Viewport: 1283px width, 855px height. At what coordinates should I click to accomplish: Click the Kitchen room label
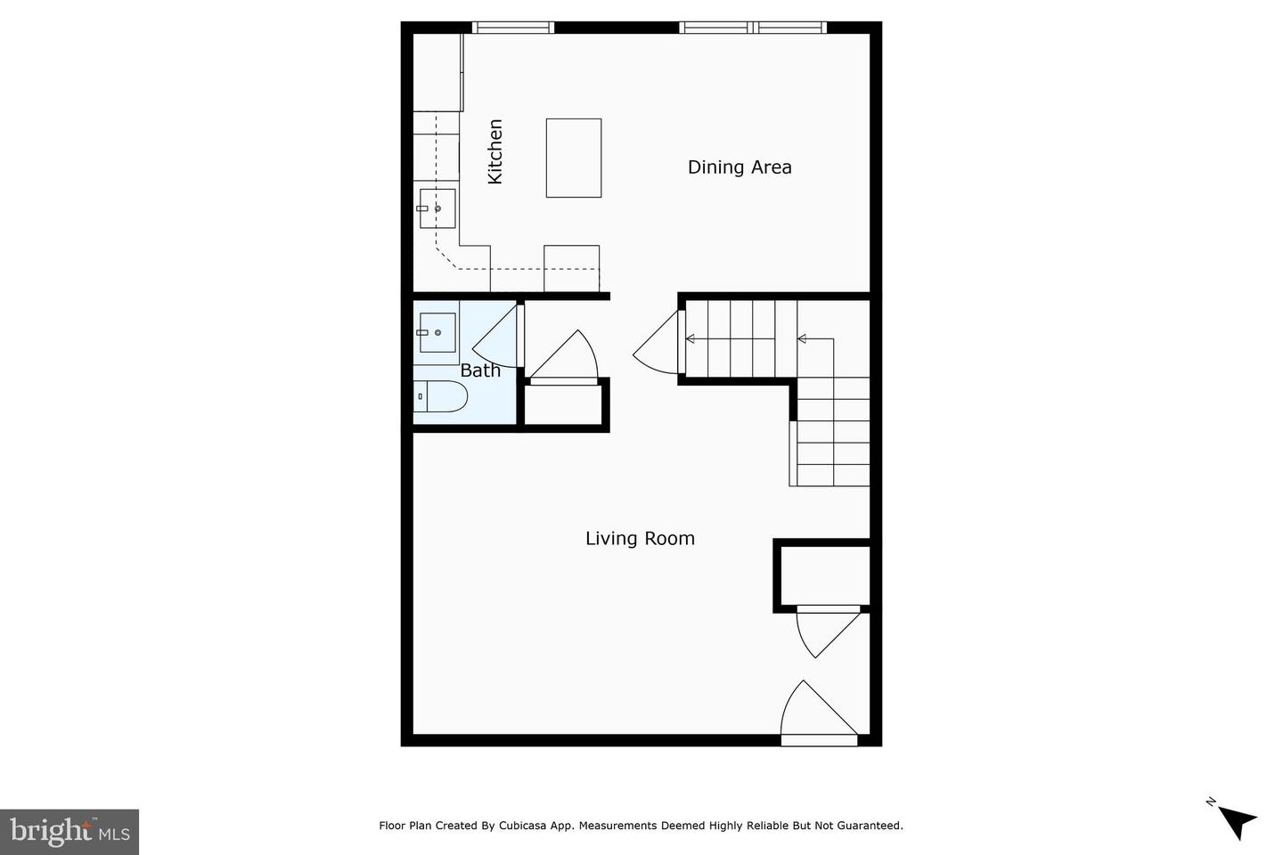tap(495, 151)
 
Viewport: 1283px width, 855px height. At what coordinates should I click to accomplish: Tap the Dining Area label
tap(740, 167)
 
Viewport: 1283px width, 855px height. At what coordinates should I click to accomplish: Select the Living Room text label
tap(640, 538)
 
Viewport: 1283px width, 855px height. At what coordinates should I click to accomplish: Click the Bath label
tap(480, 370)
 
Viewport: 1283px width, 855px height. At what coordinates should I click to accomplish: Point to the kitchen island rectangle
tap(573, 158)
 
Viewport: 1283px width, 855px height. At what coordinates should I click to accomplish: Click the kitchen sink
tap(437, 208)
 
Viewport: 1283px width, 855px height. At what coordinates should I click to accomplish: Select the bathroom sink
tap(437, 332)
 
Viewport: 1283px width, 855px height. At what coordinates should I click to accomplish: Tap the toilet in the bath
tap(442, 396)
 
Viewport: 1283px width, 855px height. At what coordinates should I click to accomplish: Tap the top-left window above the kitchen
tap(512, 28)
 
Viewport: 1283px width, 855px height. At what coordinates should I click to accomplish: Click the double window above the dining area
tap(753, 28)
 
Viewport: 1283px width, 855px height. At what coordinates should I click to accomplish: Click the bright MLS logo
tap(69, 832)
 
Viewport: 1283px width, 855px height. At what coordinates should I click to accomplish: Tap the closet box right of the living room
tap(824, 576)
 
